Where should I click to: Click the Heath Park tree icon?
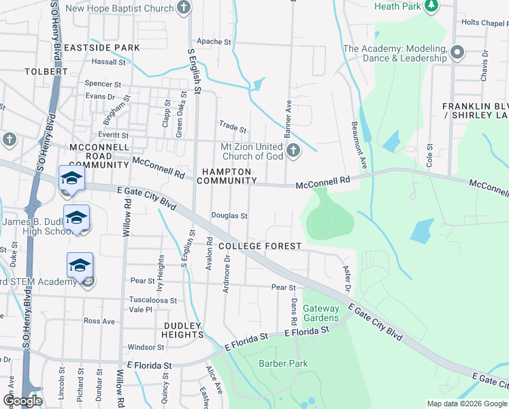pos(431,6)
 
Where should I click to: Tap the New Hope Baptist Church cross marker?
pos(182,8)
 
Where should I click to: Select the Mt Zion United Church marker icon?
pos(293,151)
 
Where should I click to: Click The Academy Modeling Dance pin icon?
pos(457,52)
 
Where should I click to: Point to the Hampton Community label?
pos(225,176)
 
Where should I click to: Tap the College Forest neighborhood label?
pos(259,246)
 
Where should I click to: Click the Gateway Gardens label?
pos(321,314)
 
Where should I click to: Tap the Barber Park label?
pos(283,363)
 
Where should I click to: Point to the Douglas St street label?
pos(229,215)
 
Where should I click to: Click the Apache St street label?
pos(214,42)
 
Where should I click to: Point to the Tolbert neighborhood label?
pos(46,71)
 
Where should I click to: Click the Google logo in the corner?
pos(22,400)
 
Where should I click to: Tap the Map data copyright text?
pos(466,404)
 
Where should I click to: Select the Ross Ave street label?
pos(99,321)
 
